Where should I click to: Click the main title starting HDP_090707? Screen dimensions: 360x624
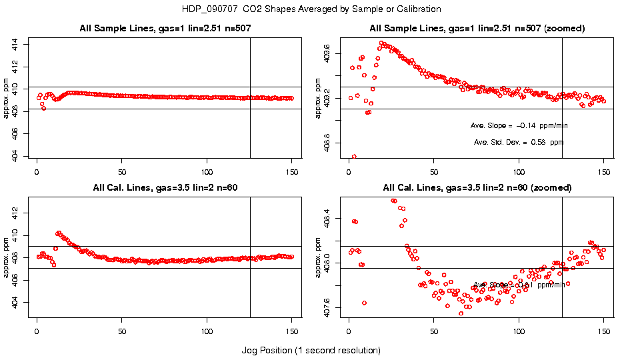(311, 9)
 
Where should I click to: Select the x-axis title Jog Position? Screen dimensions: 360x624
(311, 350)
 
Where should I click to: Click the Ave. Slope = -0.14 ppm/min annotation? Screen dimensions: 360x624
(519, 125)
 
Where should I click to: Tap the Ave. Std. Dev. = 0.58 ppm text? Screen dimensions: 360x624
(519, 142)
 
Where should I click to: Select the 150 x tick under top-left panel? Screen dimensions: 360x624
(292, 171)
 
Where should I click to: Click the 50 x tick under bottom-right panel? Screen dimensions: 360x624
(434, 330)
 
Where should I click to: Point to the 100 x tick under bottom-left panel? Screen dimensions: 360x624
(207, 330)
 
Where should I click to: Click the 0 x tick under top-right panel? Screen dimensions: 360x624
(349, 171)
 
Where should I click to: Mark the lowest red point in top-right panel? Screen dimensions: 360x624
(354, 157)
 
